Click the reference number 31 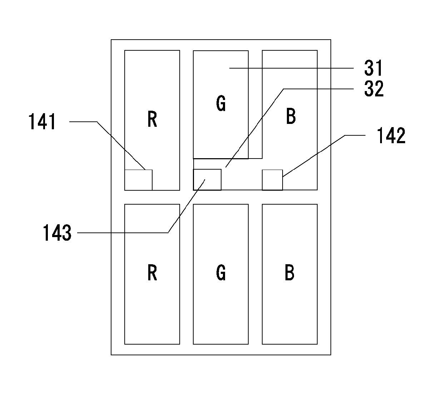[x=373, y=68]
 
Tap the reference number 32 [x=374, y=89]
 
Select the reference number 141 [x=42, y=121]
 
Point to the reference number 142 [x=391, y=135]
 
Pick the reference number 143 [x=57, y=232]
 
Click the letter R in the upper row [x=152, y=119]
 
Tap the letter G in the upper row [x=221, y=103]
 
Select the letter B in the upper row [x=291, y=116]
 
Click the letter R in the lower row [x=152, y=272]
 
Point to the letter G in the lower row [x=221, y=272]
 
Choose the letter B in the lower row [x=289, y=272]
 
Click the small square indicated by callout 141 [x=138, y=180]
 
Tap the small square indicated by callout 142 [x=272, y=180]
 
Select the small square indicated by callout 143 [x=207, y=180]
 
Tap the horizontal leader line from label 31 [x=291, y=68]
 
